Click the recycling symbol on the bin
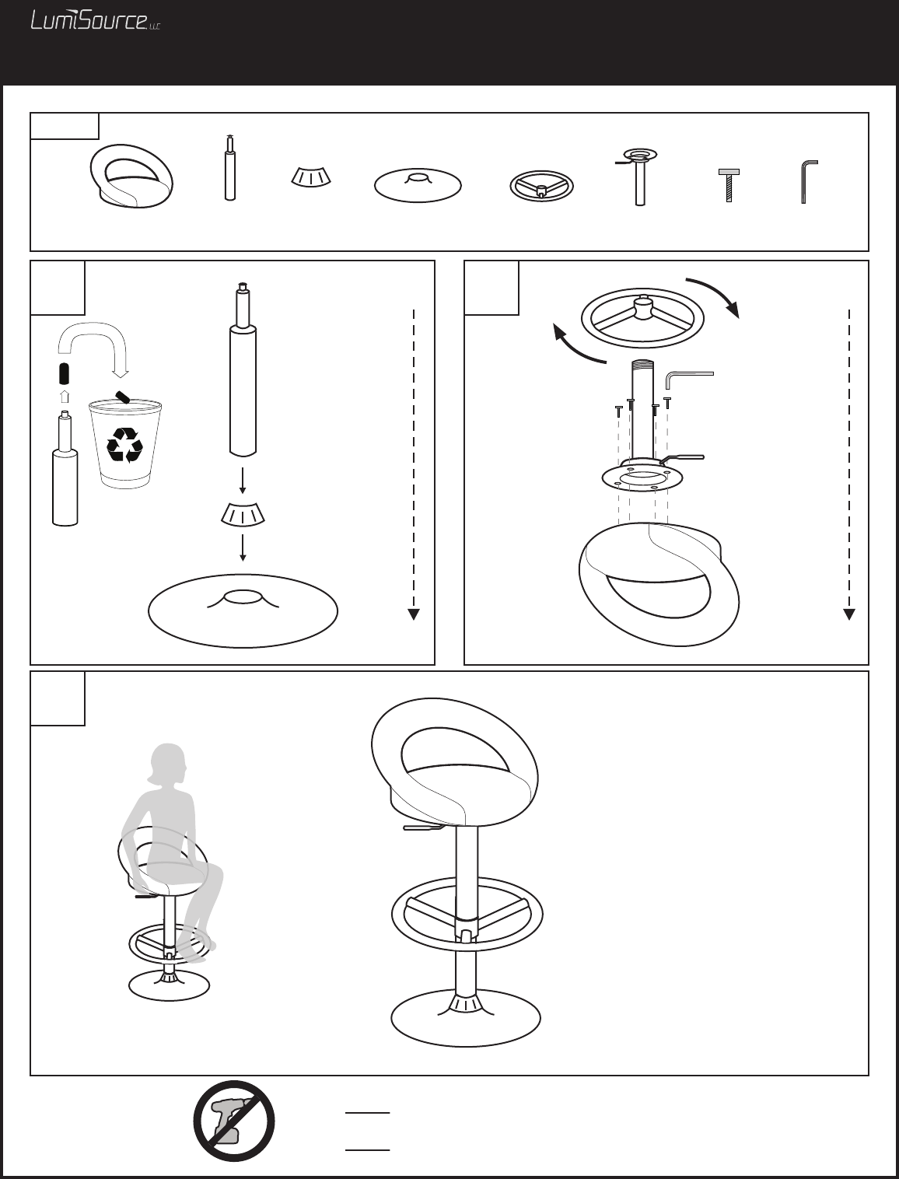tap(125, 445)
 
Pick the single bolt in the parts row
tap(729, 185)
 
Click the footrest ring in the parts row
tap(541, 187)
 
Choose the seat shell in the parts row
tap(131, 176)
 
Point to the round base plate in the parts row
tap(418, 186)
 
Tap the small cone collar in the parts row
tap(311, 177)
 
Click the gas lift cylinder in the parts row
tap(230, 167)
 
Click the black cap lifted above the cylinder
tap(65, 374)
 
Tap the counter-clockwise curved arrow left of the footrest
tap(577, 345)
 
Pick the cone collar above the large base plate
tap(243, 514)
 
